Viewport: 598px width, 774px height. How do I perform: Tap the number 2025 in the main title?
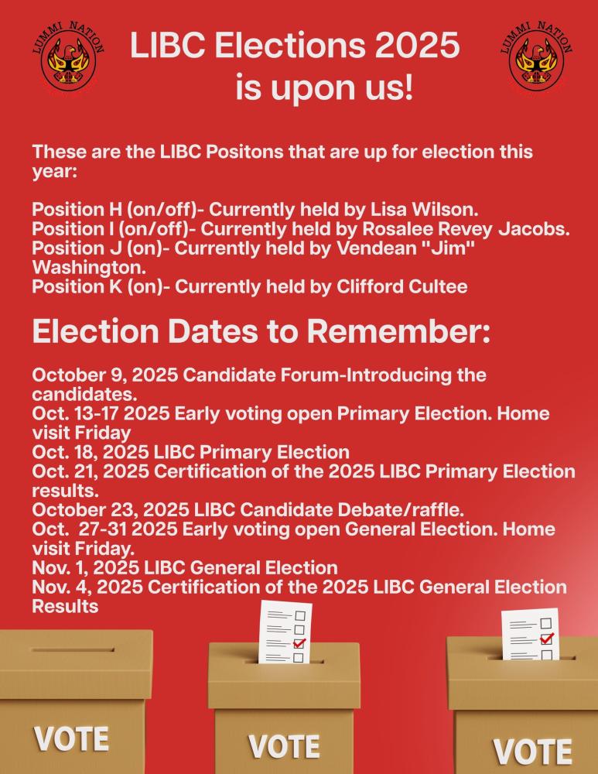(417, 46)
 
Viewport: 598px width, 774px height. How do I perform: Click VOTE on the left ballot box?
(71, 737)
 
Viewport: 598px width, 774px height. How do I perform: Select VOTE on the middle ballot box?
(283, 746)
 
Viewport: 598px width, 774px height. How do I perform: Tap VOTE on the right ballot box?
(533, 750)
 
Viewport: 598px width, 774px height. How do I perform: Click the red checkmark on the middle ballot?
(299, 642)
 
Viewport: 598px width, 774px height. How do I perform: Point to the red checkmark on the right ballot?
(547, 639)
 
